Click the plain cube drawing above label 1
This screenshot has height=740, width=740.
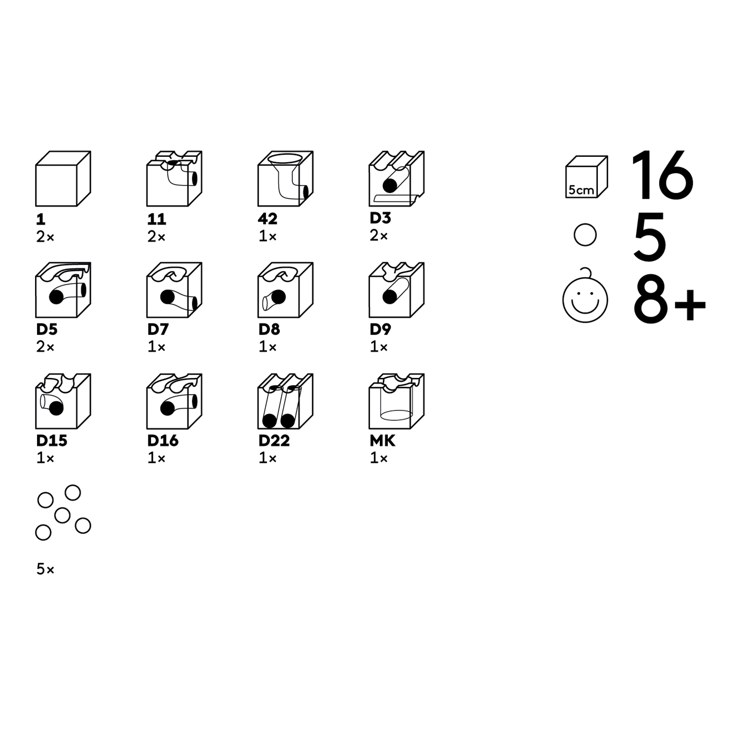[x=63, y=179]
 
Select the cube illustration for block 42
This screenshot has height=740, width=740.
[x=285, y=179]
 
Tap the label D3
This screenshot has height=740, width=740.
[x=380, y=218]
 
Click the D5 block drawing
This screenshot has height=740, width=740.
[x=63, y=290]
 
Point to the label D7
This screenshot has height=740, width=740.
[x=158, y=329]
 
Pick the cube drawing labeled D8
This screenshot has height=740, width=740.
[x=285, y=290]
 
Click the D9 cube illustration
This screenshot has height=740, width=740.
[x=397, y=290]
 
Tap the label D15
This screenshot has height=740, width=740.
[x=52, y=440]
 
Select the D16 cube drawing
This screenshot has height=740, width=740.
[x=174, y=401]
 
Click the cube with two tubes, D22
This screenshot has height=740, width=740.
[x=285, y=401]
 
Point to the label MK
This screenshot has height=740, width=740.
[x=382, y=440]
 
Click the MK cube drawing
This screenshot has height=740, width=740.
[x=397, y=401]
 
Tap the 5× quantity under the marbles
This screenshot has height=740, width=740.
[x=45, y=569]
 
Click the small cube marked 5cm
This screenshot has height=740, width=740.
[x=587, y=177]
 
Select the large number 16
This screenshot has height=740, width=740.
[x=662, y=175]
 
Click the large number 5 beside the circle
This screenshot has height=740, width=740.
[x=650, y=237]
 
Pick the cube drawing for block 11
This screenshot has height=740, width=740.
[x=174, y=179]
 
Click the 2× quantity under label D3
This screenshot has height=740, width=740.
[x=378, y=236]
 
